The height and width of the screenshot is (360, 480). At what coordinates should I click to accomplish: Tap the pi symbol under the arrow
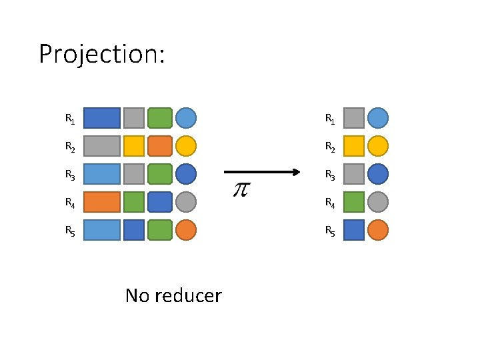coord(240,189)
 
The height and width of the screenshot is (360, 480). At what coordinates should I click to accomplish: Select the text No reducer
coord(173,295)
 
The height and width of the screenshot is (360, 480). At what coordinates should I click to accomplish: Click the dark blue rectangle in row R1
coord(102,118)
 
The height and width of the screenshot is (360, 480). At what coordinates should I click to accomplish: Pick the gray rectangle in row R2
coord(102,146)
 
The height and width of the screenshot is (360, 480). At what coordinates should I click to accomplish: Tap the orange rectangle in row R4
coord(102,202)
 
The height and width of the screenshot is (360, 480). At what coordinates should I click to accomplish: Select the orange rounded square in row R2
coord(159,146)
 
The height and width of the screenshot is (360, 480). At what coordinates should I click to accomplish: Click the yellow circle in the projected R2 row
coord(377,146)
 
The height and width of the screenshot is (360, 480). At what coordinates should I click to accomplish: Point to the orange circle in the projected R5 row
coord(377,230)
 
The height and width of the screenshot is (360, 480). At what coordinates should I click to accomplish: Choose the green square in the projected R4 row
coord(354,202)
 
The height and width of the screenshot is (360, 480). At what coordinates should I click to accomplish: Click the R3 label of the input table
coord(69,175)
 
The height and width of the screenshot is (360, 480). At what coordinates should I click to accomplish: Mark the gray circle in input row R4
coord(186,202)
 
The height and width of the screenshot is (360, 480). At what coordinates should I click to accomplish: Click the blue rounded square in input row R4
coord(159,202)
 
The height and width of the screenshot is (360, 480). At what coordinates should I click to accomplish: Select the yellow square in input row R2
coord(134,146)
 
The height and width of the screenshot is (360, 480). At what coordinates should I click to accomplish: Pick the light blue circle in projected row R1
coord(377,118)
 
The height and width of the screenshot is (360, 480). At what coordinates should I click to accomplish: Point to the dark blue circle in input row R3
coord(186,174)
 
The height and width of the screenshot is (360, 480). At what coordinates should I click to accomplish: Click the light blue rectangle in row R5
coord(102,230)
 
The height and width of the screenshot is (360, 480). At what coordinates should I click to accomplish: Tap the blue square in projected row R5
coord(354,230)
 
